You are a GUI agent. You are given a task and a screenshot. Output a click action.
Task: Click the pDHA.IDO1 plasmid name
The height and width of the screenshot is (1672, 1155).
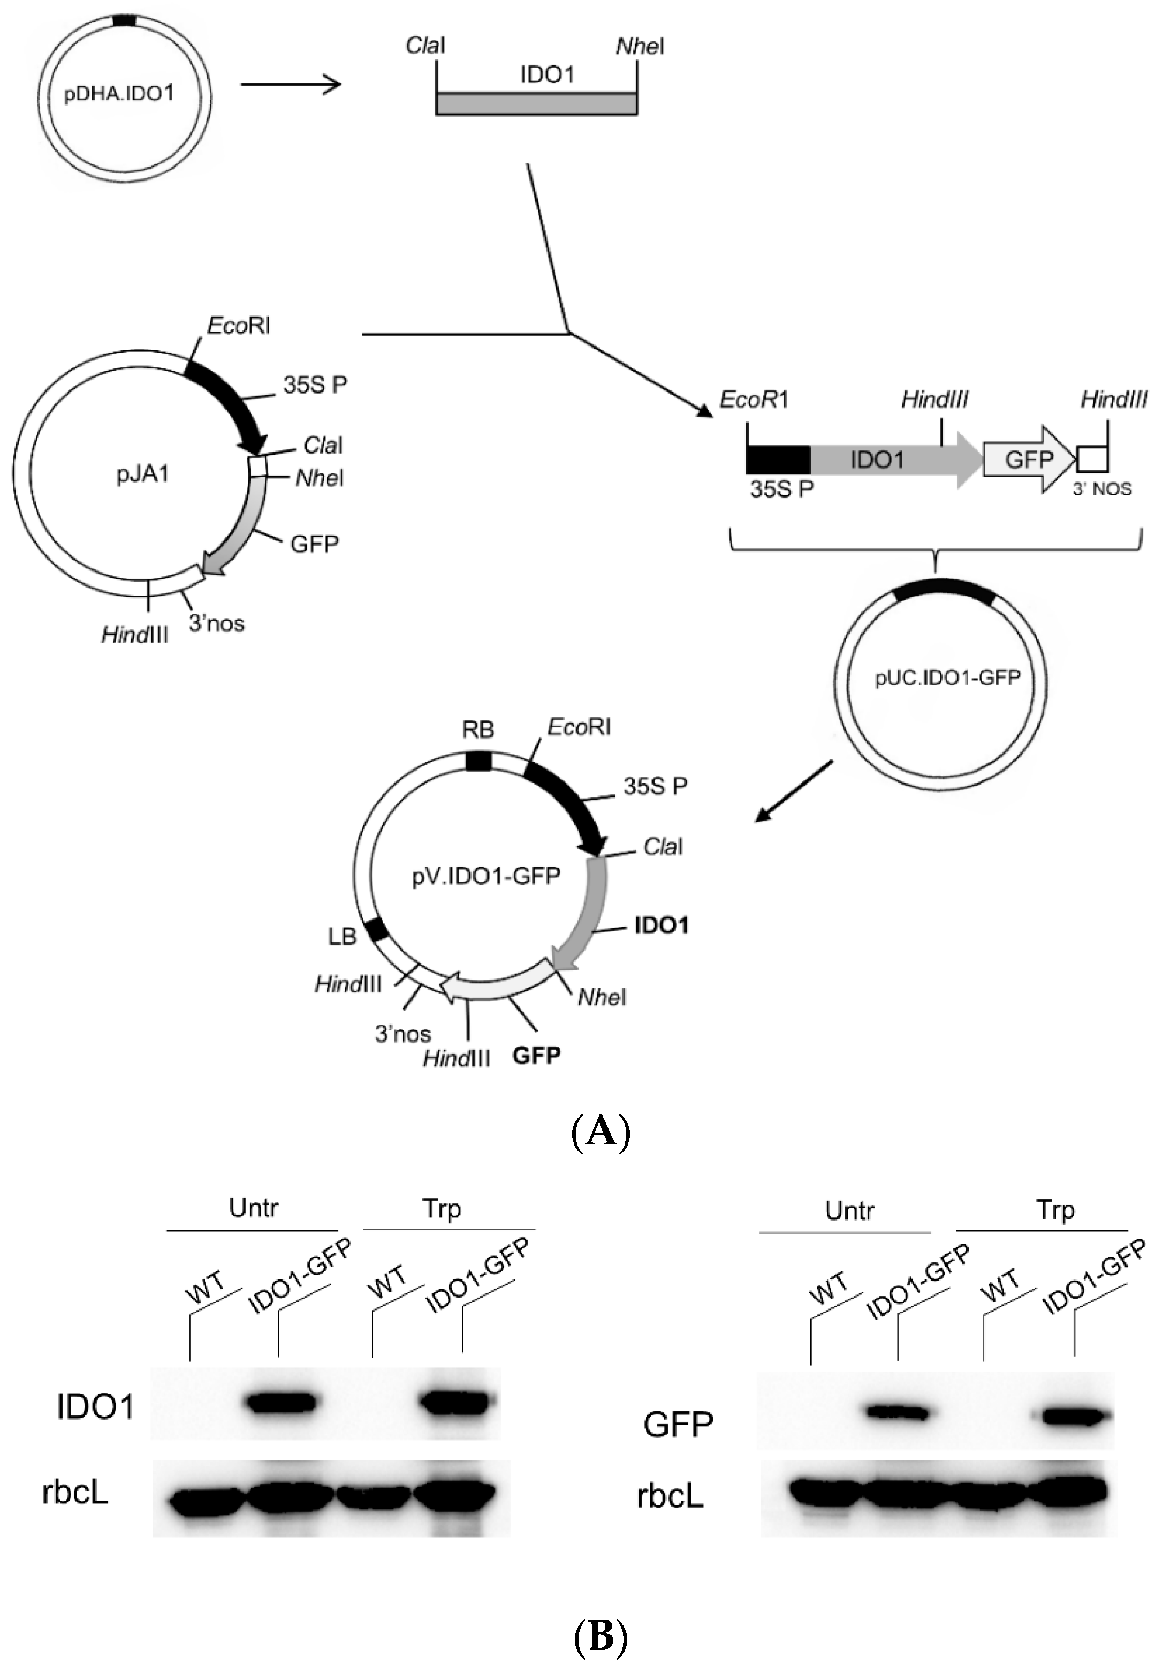click(x=119, y=94)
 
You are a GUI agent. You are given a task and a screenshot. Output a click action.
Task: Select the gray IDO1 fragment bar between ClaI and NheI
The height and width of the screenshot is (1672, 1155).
click(x=537, y=103)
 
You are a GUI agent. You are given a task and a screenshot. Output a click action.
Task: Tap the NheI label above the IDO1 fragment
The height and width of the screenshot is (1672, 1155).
click(x=640, y=47)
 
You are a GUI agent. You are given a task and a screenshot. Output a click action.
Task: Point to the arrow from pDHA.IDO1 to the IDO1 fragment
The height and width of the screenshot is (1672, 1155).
click(x=291, y=85)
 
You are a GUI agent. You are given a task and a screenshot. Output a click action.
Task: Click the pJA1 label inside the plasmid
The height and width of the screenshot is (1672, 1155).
click(x=143, y=475)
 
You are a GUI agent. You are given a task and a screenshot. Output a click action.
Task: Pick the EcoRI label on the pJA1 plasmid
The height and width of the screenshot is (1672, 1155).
click(x=239, y=326)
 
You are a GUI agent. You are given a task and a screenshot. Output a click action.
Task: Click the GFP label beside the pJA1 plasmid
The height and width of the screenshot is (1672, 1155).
click(x=314, y=544)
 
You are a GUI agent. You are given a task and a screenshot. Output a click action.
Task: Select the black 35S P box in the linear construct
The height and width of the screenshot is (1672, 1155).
click(x=778, y=460)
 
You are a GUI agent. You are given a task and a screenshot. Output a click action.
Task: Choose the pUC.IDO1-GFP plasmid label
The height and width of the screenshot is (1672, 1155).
click(x=947, y=678)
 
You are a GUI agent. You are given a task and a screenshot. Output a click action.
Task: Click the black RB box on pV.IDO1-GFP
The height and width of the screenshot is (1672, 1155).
click(x=478, y=761)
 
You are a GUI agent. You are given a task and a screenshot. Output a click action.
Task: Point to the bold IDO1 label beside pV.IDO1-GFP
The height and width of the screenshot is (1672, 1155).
click(x=661, y=925)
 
